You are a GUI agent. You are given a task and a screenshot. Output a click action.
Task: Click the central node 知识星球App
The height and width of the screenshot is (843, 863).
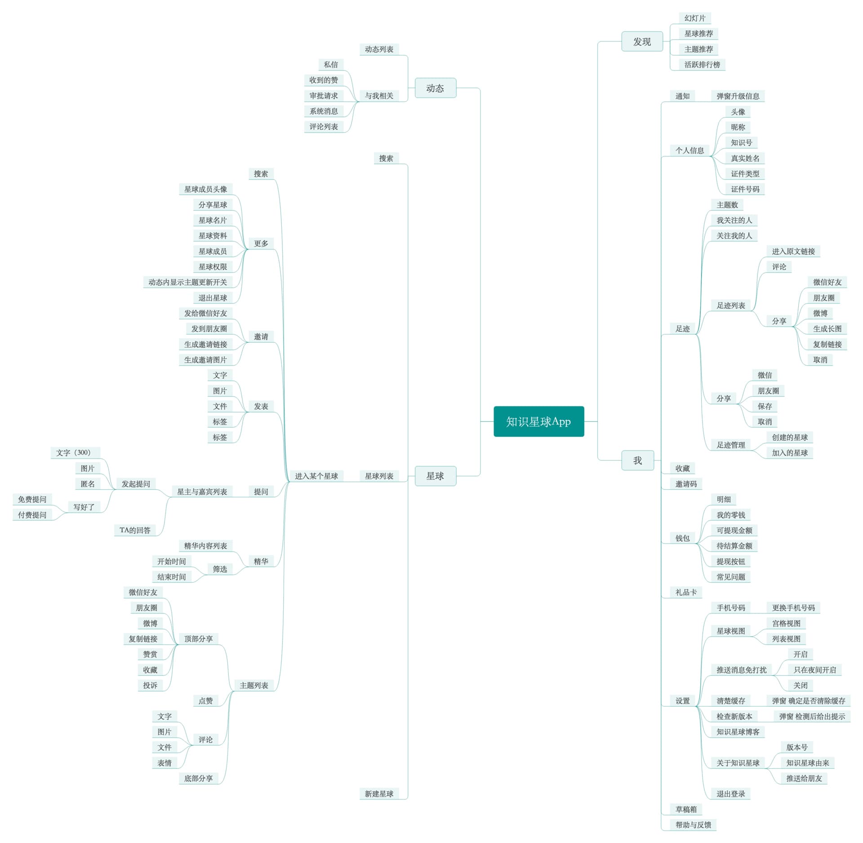click(x=538, y=421)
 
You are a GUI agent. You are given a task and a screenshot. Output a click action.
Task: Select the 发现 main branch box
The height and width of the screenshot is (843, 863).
click(x=642, y=41)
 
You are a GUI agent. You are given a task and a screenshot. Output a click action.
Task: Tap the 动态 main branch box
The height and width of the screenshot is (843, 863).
click(x=435, y=88)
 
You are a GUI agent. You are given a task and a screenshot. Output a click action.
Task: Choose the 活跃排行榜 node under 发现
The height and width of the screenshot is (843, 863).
click(x=702, y=65)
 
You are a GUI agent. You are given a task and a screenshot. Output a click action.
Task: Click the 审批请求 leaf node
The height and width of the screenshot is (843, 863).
click(x=324, y=96)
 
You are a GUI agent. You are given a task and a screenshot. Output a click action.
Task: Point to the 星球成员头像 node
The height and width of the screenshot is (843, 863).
click(x=205, y=189)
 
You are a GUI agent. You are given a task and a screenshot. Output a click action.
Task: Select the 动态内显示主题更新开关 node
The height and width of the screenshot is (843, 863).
click(x=187, y=282)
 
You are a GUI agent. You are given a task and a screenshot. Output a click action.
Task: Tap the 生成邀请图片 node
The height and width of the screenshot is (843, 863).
click(x=205, y=360)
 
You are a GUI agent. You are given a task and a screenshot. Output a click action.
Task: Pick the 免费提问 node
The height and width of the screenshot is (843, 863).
click(x=32, y=500)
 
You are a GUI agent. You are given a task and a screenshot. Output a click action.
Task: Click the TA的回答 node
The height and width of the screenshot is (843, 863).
click(x=135, y=530)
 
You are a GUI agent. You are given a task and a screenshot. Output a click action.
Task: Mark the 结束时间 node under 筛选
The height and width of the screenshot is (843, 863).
click(x=171, y=577)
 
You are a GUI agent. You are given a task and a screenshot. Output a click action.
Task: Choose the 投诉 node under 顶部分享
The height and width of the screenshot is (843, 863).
click(x=150, y=685)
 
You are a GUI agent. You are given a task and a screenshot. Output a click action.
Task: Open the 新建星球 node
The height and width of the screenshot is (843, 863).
click(x=379, y=794)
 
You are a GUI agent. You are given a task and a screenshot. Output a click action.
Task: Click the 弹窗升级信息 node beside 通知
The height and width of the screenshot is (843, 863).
click(x=738, y=96)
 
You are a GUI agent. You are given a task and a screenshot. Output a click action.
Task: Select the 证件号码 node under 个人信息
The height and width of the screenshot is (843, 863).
click(x=745, y=189)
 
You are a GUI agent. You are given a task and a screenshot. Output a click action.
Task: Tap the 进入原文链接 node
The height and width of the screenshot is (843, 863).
click(x=793, y=251)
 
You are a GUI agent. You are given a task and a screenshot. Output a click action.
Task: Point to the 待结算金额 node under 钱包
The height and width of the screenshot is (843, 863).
click(x=734, y=546)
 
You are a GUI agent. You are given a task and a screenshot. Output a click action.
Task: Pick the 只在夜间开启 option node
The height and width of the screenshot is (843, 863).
click(x=814, y=670)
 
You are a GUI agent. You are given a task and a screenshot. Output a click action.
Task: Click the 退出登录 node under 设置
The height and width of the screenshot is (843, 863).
click(x=730, y=794)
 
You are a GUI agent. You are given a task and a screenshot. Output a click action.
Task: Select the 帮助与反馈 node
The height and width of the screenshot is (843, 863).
click(x=693, y=825)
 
